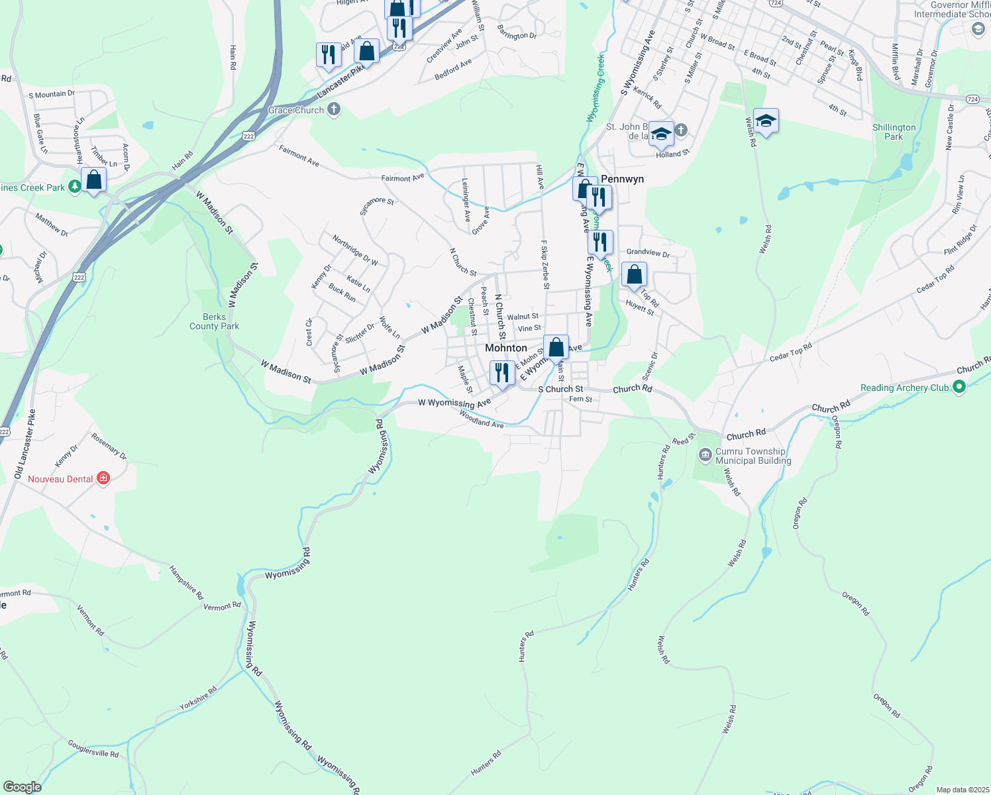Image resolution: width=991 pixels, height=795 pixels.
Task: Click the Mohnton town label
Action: click(506, 348)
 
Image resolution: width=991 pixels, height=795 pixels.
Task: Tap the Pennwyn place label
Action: click(622, 179)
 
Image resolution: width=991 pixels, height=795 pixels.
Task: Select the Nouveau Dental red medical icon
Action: click(103, 478)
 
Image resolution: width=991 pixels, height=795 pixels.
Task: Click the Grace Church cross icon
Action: click(334, 109)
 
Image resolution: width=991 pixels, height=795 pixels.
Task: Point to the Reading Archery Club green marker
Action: click(959, 387)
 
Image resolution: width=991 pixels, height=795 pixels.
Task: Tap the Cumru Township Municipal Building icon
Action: click(705, 455)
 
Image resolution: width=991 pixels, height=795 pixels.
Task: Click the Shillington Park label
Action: click(894, 132)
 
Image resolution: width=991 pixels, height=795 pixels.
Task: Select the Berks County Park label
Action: click(214, 321)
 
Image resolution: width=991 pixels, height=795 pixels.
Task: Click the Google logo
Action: click(22, 787)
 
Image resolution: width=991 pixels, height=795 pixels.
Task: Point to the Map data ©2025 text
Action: click(962, 790)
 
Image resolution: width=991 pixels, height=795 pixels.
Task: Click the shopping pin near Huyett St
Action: click(634, 274)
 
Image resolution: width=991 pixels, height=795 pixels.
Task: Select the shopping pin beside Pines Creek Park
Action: click(94, 180)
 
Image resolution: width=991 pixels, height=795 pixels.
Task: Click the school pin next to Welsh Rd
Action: click(766, 121)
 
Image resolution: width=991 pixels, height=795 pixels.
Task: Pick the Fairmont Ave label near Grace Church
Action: click(299, 156)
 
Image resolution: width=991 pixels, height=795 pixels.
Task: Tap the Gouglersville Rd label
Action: click(93, 749)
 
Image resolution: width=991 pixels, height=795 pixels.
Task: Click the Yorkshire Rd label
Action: click(197, 699)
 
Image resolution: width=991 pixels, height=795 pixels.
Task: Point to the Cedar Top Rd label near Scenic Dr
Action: click(790, 352)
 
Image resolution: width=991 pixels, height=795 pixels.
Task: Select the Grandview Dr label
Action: click(648, 252)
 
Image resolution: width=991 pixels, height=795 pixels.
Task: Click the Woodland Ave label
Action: click(481, 420)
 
